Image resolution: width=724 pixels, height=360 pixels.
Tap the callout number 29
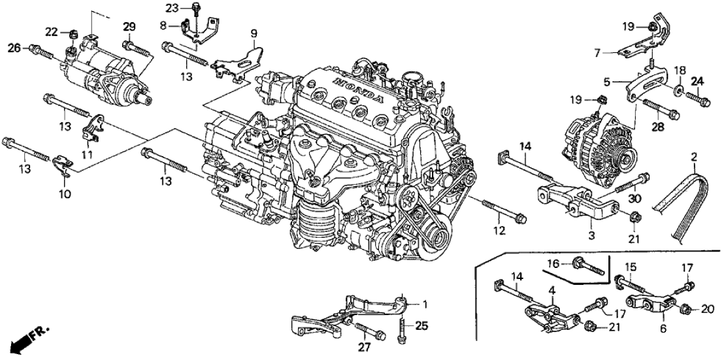(129, 26)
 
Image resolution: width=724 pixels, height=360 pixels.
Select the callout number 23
(171, 8)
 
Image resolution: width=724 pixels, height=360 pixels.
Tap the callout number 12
(499, 231)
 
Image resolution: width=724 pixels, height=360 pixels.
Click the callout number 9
(254, 33)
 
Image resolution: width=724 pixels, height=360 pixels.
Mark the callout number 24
(697, 82)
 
